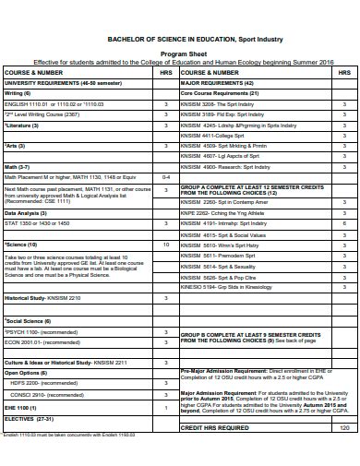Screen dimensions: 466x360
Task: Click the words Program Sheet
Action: coord(180,54)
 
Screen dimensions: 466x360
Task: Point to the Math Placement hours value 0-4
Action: coord(165,176)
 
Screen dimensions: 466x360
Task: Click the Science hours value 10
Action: coord(165,245)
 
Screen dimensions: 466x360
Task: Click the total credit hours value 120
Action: coord(344,428)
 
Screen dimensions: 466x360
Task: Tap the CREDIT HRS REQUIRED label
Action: coord(214,428)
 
